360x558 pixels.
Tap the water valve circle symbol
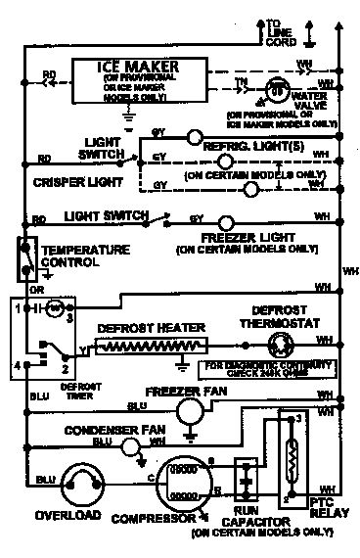click(x=278, y=89)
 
